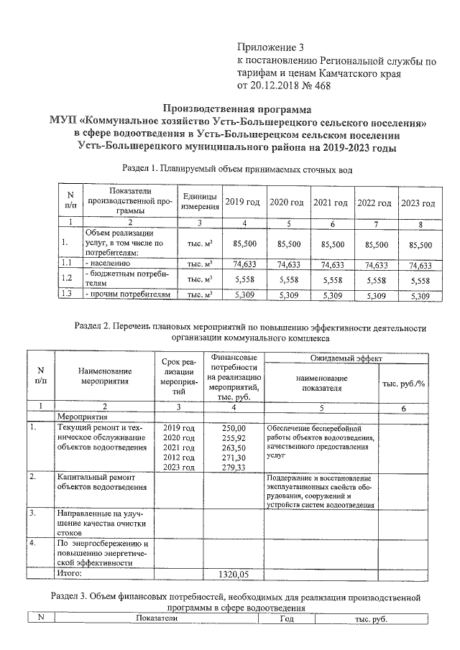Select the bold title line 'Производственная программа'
point(237,110)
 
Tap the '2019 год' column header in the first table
point(244,203)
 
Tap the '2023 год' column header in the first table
point(417,203)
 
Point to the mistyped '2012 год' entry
point(179,457)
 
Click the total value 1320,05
point(234,575)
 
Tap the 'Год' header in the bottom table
point(287,618)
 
